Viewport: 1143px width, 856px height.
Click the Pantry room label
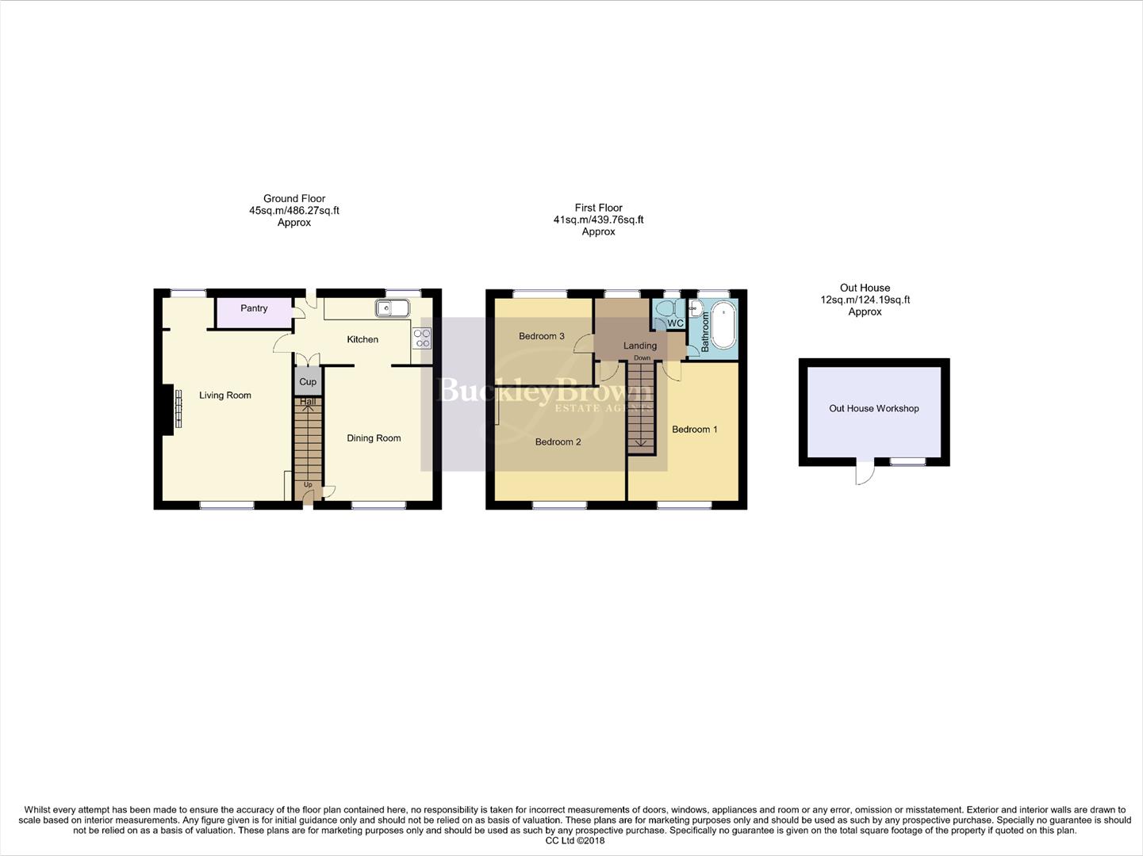coord(254,308)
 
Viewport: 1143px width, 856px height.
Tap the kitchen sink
coord(392,308)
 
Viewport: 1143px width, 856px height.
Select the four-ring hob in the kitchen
coord(422,338)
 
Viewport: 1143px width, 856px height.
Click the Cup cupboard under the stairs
coord(308,381)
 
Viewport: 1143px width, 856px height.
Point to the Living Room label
coord(225,396)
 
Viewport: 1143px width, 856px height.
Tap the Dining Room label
coord(374,438)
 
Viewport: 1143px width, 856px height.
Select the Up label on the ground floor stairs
coord(308,485)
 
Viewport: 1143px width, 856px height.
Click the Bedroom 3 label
coord(542,336)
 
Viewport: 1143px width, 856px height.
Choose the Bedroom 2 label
coord(558,441)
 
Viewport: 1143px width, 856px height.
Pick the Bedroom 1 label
coord(694,430)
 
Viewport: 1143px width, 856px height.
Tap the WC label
coord(675,323)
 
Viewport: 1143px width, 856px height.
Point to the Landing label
coord(640,346)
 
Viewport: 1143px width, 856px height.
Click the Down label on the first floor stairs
coord(642,358)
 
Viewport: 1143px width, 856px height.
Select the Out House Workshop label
coord(873,409)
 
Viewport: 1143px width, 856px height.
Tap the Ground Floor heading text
coord(294,199)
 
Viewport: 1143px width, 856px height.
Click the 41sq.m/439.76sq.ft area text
coord(598,220)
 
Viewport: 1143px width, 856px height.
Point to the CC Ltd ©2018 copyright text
coord(574,841)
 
